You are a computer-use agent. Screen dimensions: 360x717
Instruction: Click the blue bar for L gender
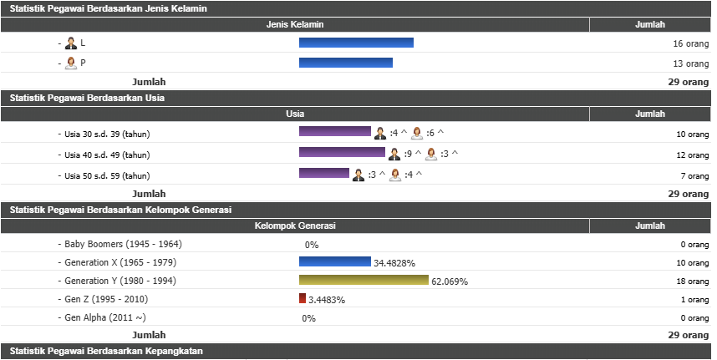pyautogui.click(x=356, y=43)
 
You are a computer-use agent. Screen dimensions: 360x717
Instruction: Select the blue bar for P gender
pyautogui.click(x=346, y=63)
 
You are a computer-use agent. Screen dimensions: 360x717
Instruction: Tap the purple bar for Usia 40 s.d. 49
pyautogui.click(x=342, y=153)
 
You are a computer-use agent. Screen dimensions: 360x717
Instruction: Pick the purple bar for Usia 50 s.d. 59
pyautogui.click(x=324, y=173)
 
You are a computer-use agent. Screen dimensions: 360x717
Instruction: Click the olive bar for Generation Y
pyautogui.click(x=364, y=280)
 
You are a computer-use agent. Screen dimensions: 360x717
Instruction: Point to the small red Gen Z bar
pyautogui.click(x=303, y=298)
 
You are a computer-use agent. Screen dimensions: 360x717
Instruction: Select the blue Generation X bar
pyautogui.click(x=335, y=261)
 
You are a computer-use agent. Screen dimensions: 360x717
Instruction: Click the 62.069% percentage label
pyautogui.click(x=450, y=281)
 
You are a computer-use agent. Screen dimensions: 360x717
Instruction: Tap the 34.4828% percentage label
pyautogui.click(x=395, y=263)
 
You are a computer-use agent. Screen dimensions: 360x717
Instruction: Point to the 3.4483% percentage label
pyautogui.click(x=327, y=300)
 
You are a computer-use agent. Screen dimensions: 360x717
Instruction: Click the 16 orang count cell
pyautogui.click(x=690, y=43)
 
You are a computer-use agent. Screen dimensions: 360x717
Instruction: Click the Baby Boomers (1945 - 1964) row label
pyautogui.click(x=123, y=245)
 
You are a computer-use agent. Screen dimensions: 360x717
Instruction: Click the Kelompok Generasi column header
pyautogui.click(x=295, y=226)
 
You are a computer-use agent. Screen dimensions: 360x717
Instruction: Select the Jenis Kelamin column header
pyautogui.click(x=295, y=25)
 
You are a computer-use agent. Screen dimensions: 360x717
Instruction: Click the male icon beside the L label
pyautogui.click(x=71, y=43)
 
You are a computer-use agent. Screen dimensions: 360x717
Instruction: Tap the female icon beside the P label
pyautogui.click(x=71, y=63)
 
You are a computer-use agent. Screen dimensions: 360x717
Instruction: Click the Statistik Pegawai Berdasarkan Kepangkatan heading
pyautogui.click(x=106, y=351)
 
